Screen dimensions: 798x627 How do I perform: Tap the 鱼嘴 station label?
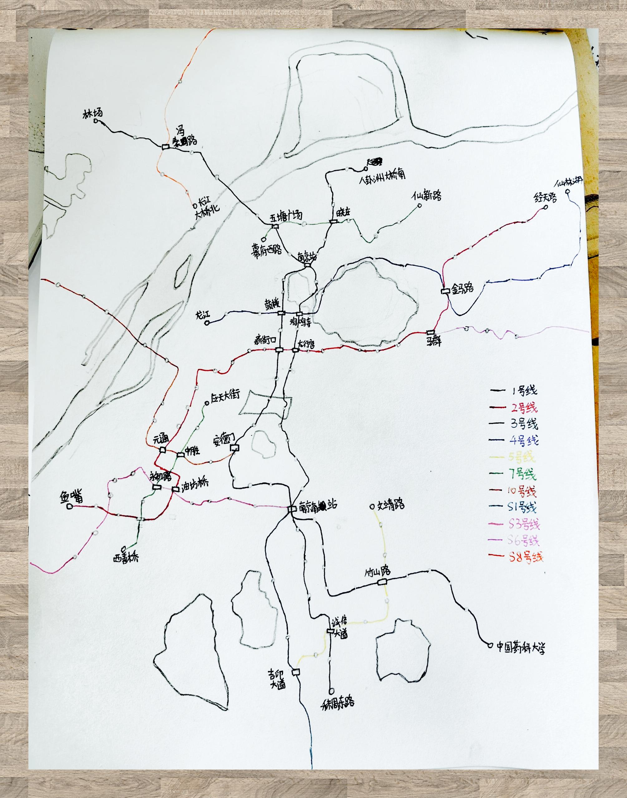71,497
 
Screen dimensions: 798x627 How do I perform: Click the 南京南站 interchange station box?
291,509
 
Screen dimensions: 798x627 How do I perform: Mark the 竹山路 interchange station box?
382,582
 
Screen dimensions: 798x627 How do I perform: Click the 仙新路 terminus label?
426,195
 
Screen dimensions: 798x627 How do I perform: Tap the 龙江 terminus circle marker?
207,323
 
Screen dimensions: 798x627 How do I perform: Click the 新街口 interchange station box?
279,350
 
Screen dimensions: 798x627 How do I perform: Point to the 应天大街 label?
225,395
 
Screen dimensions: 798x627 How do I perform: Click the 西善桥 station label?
126,558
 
